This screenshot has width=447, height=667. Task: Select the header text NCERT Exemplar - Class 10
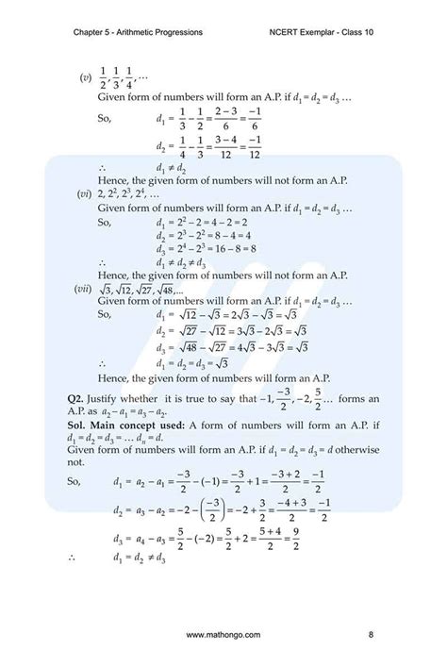[x=323, y=33]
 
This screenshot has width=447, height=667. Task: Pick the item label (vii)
[x=86, y=289]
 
